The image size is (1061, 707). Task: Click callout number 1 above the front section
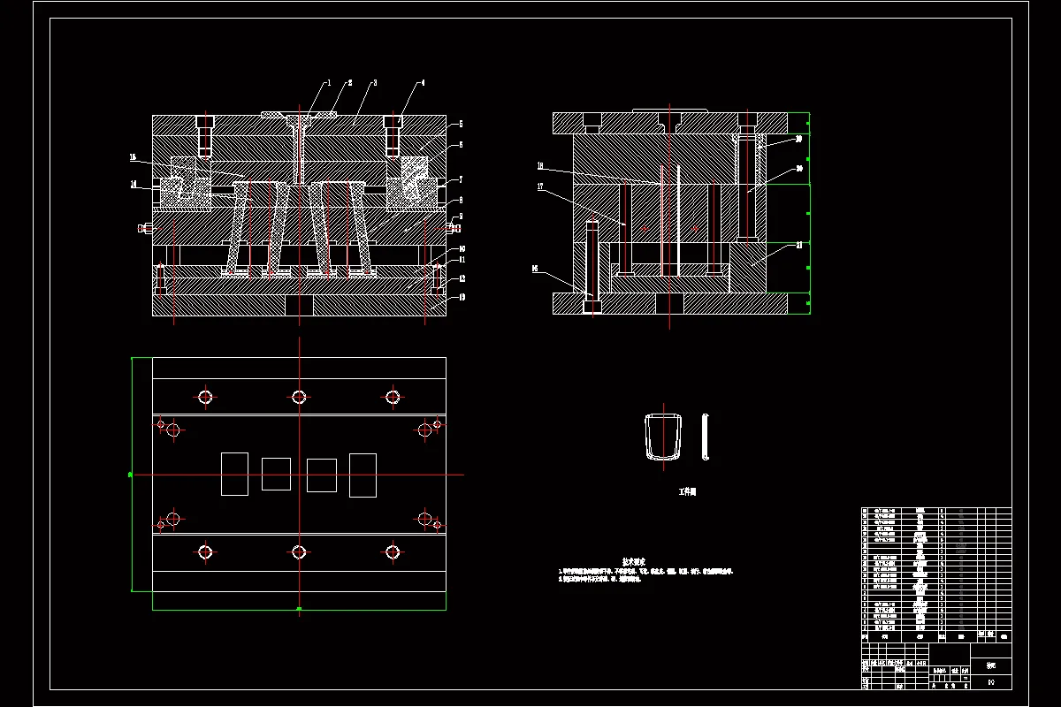[329, 82]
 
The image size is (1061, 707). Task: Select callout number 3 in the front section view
[374, 82]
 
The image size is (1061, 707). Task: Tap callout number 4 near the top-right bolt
[423, 82]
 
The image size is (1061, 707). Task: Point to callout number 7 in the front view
[461, 179]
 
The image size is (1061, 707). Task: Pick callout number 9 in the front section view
[461, 217]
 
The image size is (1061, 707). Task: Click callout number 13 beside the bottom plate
[461, 297]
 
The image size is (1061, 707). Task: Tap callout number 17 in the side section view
[538, 186]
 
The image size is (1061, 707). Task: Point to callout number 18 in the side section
[538, 165]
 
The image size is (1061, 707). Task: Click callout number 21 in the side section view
[799, 245]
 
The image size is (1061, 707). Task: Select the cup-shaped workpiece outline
[662, 436]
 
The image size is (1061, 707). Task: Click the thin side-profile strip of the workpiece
[706, 437]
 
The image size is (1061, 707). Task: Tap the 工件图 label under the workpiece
[687, 491]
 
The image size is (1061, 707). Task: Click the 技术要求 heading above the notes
[634, 561]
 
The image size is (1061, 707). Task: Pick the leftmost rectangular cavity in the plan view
[234, 474]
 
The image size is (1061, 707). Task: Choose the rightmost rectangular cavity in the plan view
[363, 475]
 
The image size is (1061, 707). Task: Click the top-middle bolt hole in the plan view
[299, 397]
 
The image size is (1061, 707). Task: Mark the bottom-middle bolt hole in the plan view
[299, 552]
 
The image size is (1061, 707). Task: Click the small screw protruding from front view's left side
[144, 228]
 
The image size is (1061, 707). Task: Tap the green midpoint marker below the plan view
[299, 609]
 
